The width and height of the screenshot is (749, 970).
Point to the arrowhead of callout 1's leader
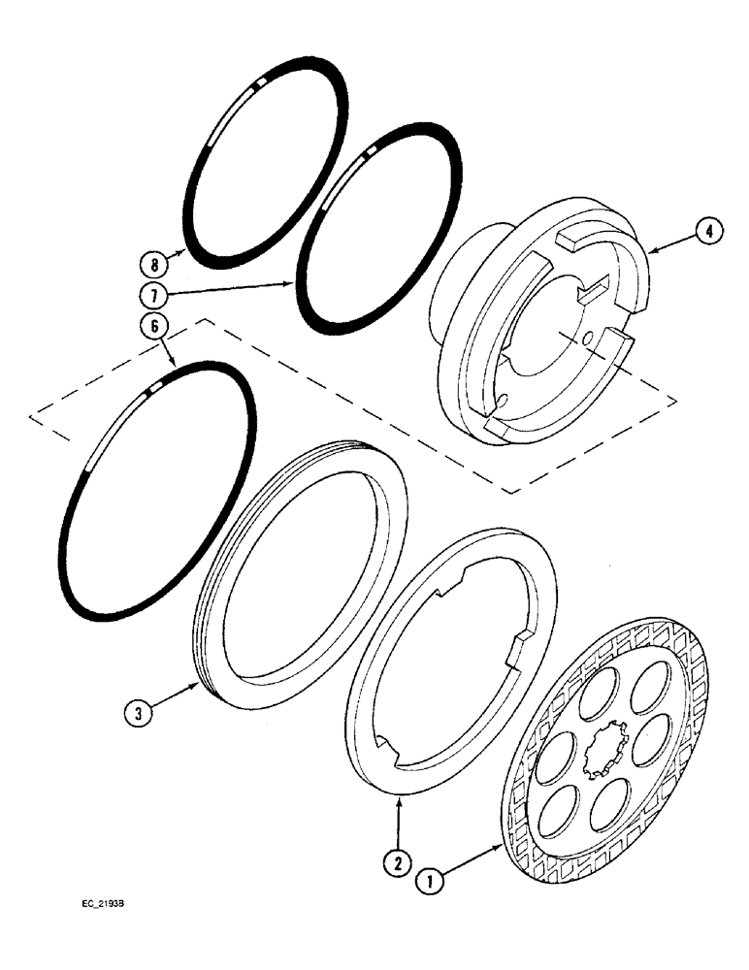click(x=502, y=844)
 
